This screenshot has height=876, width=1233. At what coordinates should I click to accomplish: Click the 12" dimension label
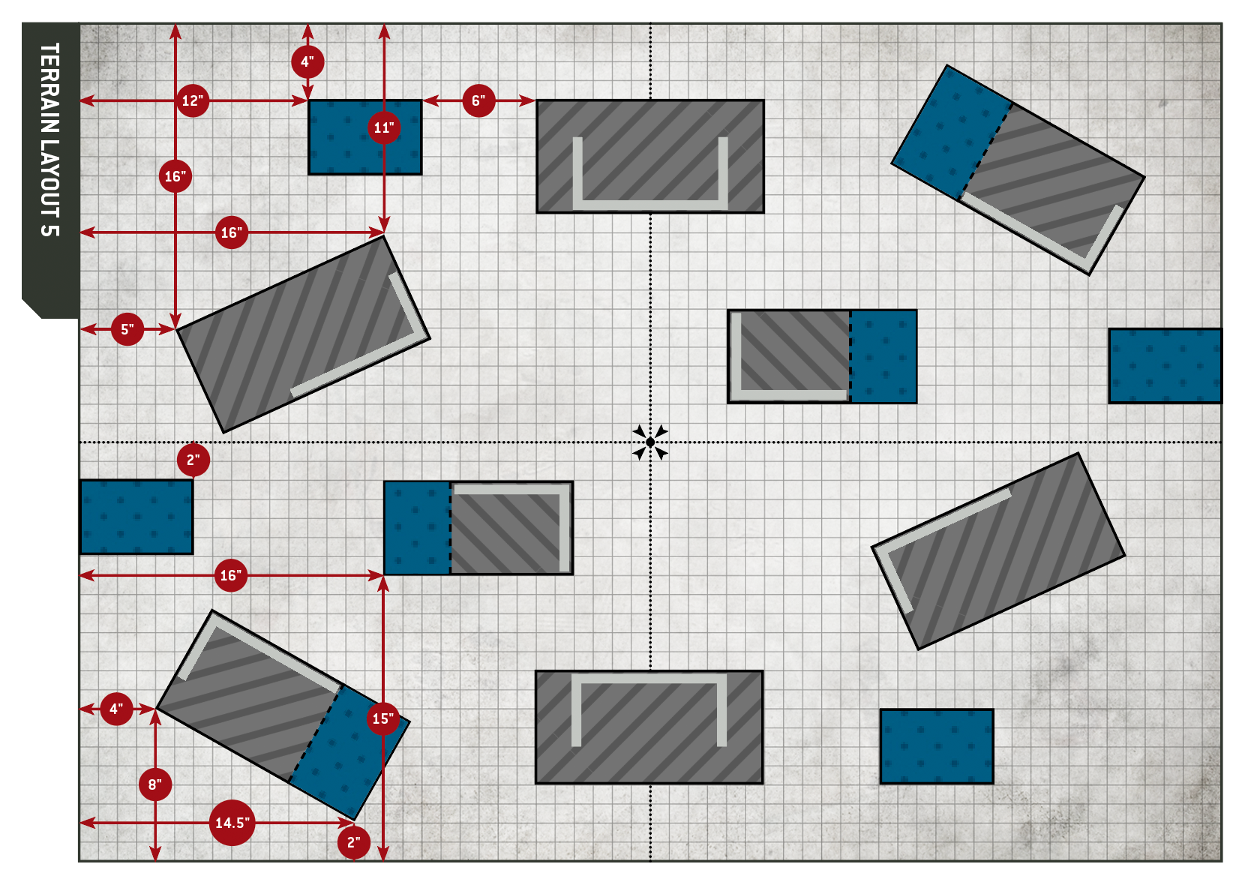193,100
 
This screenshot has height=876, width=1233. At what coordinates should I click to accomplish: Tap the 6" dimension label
478,100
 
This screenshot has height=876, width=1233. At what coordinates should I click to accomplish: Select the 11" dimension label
384,127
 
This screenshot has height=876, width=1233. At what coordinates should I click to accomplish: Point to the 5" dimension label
127,329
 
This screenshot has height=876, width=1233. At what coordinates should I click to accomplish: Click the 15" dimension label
383,718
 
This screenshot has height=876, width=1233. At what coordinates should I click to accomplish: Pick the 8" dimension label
155,784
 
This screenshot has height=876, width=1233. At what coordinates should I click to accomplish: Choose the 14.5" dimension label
232,823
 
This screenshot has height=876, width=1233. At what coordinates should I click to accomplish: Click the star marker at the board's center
649,442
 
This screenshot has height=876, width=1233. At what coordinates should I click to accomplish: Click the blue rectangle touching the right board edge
1165,366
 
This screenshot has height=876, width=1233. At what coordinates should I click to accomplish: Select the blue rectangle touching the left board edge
136,517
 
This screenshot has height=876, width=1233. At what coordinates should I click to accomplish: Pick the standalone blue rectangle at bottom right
936,746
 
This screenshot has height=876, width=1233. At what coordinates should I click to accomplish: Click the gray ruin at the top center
649,156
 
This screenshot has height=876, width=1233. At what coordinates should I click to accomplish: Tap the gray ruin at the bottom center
649,727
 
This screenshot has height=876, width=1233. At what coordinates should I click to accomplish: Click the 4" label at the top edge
307,61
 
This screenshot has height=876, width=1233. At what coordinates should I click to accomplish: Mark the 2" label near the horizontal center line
193,460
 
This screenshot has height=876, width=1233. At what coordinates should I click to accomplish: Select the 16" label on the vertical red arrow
175,176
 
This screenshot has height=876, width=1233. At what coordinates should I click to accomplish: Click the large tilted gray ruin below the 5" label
303,334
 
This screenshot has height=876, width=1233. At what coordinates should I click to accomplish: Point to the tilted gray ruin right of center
997,551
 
